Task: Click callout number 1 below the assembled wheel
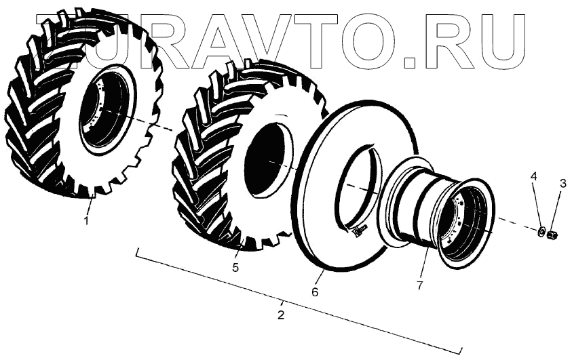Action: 86,220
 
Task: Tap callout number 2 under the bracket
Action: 280,315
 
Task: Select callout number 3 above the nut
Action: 563,183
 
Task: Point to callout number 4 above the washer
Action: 533,177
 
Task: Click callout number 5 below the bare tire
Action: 235,267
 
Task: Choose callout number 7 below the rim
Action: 420,285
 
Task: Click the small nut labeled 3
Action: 552,235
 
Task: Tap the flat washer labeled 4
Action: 541,231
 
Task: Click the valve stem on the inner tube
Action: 359,230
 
